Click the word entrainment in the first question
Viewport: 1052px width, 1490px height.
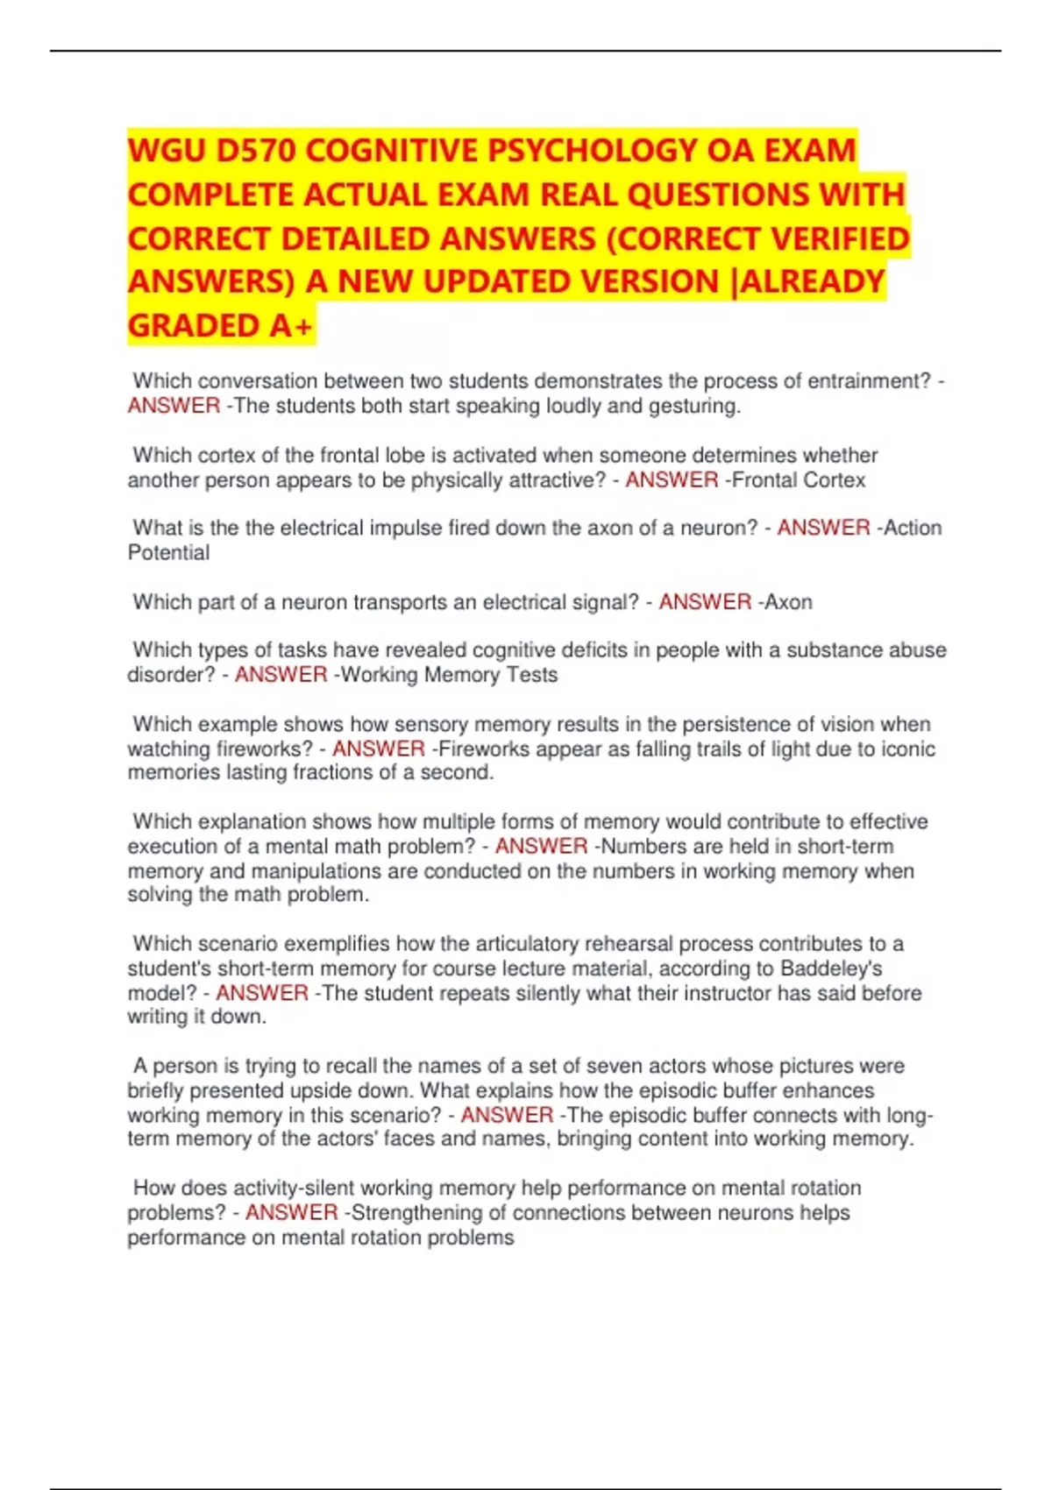(x=868, y=381)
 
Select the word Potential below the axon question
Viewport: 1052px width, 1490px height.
(x=168, y=553)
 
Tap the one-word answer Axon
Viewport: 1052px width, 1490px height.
(x=788, y=602)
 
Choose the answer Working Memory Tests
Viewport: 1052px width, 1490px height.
(x=447, y=675)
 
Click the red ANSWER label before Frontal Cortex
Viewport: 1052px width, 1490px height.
(x=672, y=480)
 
